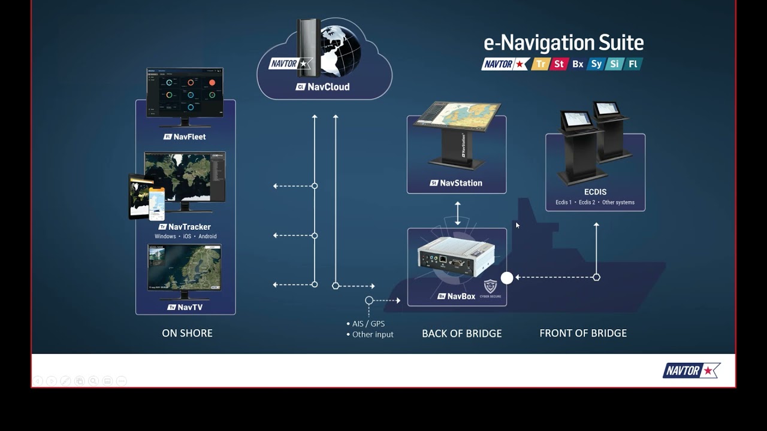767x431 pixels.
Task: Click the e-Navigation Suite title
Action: (563, 43)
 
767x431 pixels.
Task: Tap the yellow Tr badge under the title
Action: (540, 64)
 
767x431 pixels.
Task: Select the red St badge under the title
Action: (559, 64)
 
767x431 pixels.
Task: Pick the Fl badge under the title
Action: (633, 64)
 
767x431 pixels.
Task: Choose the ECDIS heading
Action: (595, 192)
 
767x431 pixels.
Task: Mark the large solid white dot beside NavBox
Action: (507, 278)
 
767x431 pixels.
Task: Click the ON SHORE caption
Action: (187, 333)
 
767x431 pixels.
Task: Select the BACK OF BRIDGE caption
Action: (461, 333)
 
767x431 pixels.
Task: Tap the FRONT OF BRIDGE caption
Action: (583, 333)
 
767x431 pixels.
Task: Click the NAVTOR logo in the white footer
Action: (691, 371)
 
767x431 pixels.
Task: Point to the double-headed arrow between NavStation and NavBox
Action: (458, 213)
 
